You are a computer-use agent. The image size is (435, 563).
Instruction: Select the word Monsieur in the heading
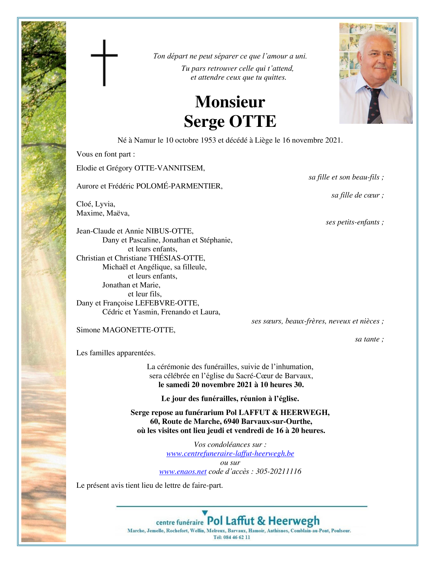[x=230, y=102]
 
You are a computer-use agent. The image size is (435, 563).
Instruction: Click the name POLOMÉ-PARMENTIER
[x=179, y=186]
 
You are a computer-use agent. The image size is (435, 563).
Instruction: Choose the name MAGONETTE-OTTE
[x=139, y=330]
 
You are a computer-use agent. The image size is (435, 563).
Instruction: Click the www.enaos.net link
[x=183, y=471]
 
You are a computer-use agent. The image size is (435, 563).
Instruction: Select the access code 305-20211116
[x=278, y=471]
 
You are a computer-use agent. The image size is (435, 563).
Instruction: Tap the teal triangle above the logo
[x=205, y=513]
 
